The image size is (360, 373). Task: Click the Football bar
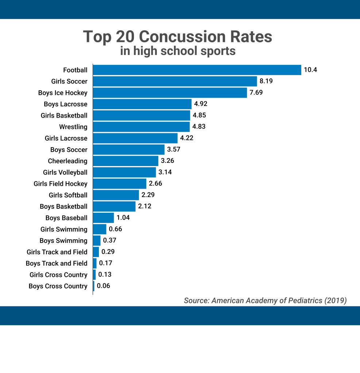click(x=197, y=70)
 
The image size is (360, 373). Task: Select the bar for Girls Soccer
click(x=175, y=81)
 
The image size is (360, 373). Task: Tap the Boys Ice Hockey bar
click(x=170, y=93)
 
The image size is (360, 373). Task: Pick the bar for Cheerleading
click(x=125, y=161)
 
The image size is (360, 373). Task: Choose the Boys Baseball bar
click(x=104, y=218)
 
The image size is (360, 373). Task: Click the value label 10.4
click(x=310, y=70)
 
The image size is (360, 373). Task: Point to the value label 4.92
click(x=201, y=104)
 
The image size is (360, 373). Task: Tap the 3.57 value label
click(x=174, y=149)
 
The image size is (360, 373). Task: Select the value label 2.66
click(x=155, y=184)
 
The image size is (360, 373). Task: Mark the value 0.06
click(x=103, y=286)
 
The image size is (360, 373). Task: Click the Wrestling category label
click(x=73, y=127)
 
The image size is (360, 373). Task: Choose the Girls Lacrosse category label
click(x=66, y=138)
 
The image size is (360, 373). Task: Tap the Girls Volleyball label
click(x=65, y=172)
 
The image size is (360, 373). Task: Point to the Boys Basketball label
click(x=63, y=207)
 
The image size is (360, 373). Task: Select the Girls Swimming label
click(x=64, y=229)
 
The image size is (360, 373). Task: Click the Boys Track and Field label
click(x=57, y=263)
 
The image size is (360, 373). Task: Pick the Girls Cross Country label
click(x=58, y=275)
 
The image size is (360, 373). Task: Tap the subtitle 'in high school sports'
click(x=178, y=51)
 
